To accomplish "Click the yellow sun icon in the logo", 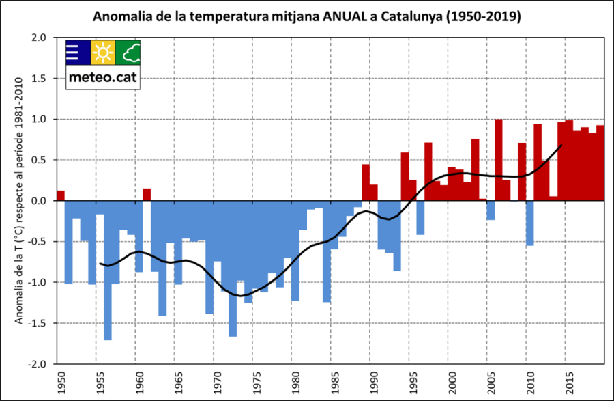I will click(x=103, y=52).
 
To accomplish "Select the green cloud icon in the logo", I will click(x=128, y=52).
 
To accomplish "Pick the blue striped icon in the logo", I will click(x=78, y=52).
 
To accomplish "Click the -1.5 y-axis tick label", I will click(x=40, y=323).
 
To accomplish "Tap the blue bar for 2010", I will click(x=530, y=223).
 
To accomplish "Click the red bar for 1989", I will click(x=366, y=182).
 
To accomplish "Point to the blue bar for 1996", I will click(x=420, y=217).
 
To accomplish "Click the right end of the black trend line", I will click(x=561, y=146).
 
